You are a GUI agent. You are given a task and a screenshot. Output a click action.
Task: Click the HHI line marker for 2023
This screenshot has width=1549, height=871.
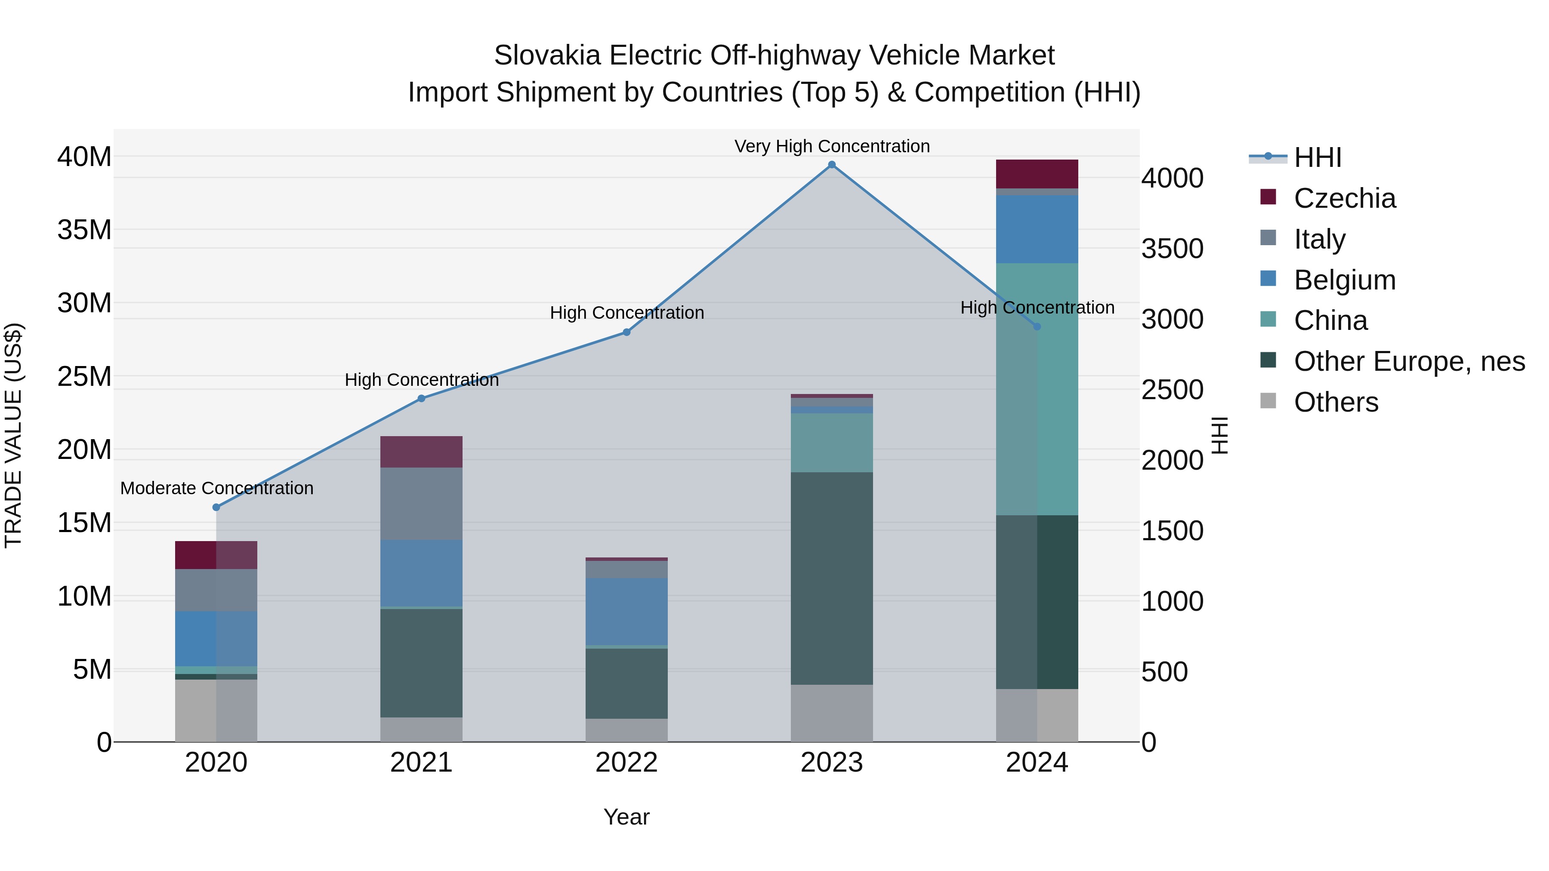pyautogui.click(x=832, y=165)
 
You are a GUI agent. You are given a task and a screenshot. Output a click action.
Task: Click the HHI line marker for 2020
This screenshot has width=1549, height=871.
pyautogui.click(x=216, y=508)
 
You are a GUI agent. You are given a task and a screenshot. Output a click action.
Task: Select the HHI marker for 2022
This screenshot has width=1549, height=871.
pyautogui.click(x=626, y=332)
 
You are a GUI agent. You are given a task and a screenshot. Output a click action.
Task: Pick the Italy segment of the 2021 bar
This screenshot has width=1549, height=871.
pyautogui.click(x=422, y=504)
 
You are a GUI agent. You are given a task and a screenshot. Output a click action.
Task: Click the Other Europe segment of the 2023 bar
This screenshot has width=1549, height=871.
pyautogui.click(x=832, y=578)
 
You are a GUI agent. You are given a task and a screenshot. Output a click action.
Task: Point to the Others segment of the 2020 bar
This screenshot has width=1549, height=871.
pyautogui.click(x=216, y=711)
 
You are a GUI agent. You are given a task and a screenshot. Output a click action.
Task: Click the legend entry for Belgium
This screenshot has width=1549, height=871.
pyautogui.click(x=1345, y=280)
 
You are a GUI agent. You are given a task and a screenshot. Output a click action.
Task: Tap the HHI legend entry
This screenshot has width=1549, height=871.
pyautogui.click(x=1317, y=157)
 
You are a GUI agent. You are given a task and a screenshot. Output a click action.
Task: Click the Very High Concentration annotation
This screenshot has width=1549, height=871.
pyautogui.click(x=832, y=146)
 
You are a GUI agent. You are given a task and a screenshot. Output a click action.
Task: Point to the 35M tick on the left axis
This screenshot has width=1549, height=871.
pyautogui.click(x=84, y=230)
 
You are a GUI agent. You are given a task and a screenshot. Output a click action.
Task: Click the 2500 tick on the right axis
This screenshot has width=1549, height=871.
pyautogui.click(x=1172, y=390)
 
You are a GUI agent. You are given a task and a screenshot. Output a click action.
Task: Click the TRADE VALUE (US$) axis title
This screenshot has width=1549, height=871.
pyautogui.click(x=13, y=435)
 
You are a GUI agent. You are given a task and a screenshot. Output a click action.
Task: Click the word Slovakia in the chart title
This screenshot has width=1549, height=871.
pyautogui.click(x=546, y=55)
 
